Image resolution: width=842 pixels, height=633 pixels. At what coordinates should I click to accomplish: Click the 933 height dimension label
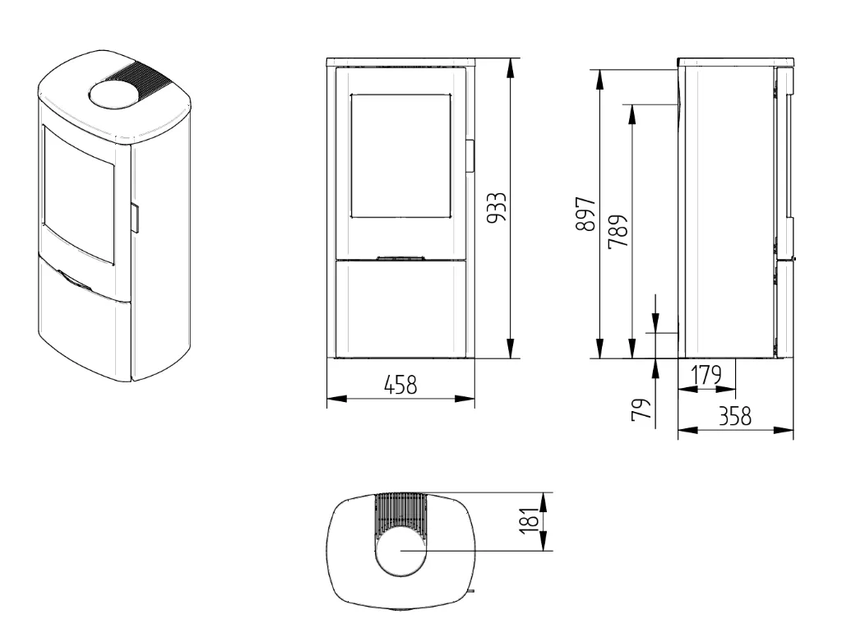pos(496,207)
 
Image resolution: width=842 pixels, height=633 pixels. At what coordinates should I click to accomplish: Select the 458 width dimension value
pos(400,385)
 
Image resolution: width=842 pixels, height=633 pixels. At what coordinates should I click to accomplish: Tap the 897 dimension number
pos(585,215)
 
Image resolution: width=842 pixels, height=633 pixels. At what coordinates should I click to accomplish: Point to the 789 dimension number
pos(618,231)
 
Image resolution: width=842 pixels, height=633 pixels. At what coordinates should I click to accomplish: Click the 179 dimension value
pos(706,375)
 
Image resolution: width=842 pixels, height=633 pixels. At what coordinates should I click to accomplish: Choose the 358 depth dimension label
pos(735,416)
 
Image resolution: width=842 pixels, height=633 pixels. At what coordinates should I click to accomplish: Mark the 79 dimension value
pos(641,409)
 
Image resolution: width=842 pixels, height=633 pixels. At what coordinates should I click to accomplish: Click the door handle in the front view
pos(470,155)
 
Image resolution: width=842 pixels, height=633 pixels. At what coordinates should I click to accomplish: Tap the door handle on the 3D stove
pos(135,218)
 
